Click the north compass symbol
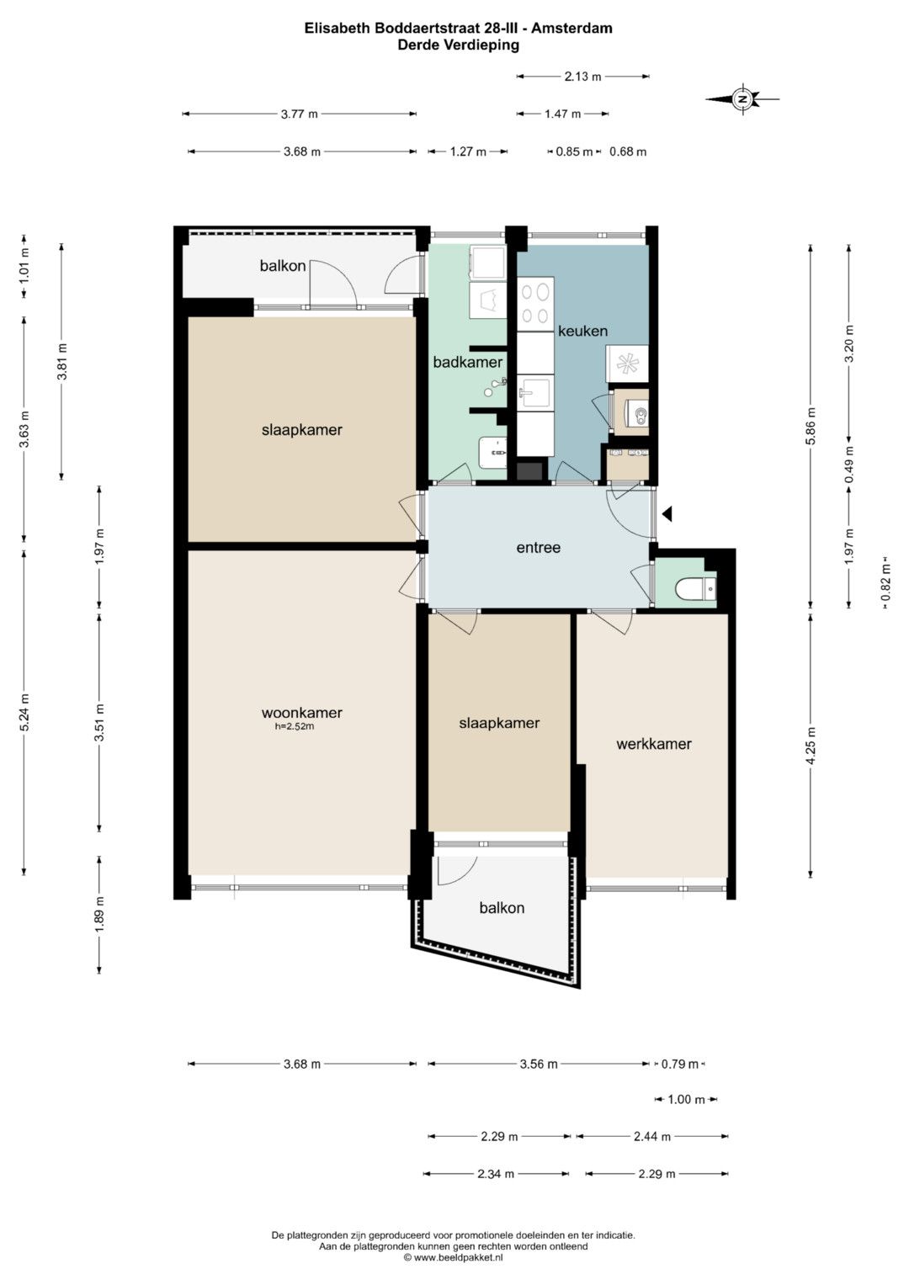click(742, 99)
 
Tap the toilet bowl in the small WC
click(688, 588)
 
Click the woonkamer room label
click(302, 713)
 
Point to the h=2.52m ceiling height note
click(295, 727)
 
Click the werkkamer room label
click(654, 744)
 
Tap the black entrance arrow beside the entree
click(667, 514)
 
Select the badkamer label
click(468, 362)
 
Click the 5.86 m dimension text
click(811, 426)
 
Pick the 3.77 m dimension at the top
click(299, 114)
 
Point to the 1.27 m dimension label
click(468, 151)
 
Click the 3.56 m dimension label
click(539, 1065)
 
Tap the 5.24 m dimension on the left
click(24, 712)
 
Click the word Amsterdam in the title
click(571, 28)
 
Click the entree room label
click(539, 548)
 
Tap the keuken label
click(582, 331)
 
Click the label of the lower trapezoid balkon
click(502, 907)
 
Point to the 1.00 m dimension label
click(686, 1100)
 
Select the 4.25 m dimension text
click(811, 746)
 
